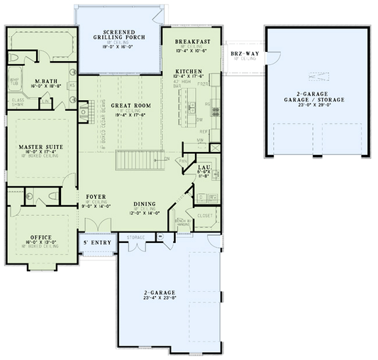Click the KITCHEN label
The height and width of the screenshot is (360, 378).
coord(189,72)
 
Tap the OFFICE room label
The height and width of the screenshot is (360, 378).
coord(40,237)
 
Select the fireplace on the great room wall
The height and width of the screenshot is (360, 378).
coord(83,111)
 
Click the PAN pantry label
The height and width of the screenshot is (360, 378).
coord(183,161)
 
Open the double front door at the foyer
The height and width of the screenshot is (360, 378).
coord(94,224)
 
